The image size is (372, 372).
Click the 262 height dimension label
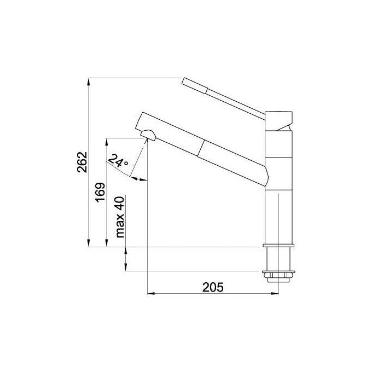click(x=82, y=162)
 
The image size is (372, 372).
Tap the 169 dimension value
click(x=100, y=192)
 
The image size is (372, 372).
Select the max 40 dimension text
click(x=120, y=217)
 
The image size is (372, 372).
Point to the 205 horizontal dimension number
click(x=213, y=287)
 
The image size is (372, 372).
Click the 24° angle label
click(x=118, y=160)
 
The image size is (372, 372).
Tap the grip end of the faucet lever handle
click(x=195, y=86)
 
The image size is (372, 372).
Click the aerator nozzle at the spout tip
click(x=148, y=135)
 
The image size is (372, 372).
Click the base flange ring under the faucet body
click(x=278, y=246)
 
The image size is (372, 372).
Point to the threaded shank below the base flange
click(x=278, y=259)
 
